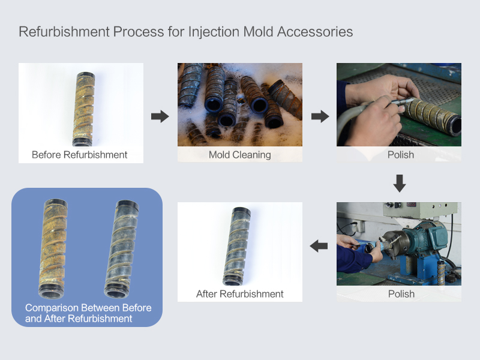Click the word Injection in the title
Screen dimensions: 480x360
point(214,32)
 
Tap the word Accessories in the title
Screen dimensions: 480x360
point(315,32)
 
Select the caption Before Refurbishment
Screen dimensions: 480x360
point(80,155)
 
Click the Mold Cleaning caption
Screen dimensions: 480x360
point(239,155)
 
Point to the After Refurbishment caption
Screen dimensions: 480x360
point(239,294)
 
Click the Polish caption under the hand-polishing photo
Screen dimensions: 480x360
point(401,155)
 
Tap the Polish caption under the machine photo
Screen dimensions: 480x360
point(401,294)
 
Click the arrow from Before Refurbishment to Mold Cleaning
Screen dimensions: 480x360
point(160,116)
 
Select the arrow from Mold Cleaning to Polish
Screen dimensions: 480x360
point(320,116)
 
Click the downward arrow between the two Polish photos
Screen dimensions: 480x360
point(400,184)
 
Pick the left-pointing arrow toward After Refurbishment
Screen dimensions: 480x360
point(319,246)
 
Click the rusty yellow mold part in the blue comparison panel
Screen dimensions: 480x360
point(53,248)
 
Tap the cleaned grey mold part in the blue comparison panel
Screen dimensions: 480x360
point(122,249)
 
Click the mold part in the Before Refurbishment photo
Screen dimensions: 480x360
point(83,109)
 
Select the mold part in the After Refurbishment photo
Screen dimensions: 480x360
point(236,246)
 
